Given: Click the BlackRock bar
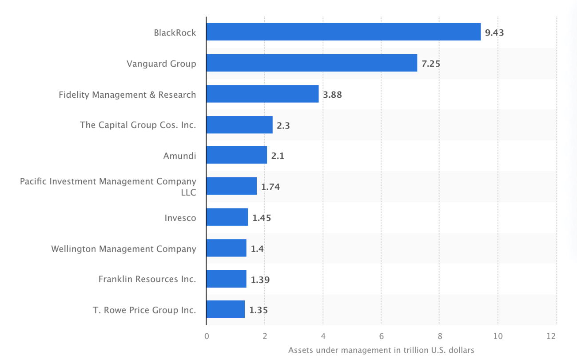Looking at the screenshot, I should pos(343,32).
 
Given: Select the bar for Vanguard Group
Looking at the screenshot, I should pos(312,63).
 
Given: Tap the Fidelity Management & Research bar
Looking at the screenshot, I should pos(263,94).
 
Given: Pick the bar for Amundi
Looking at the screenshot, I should pos(237,155).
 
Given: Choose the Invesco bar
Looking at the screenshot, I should pos(227,217).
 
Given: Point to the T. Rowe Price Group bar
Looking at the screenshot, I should pos(226,309).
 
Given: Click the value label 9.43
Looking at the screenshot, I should pos(494,32).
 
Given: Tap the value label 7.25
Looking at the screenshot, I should pos(431,64).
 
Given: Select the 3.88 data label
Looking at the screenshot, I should pos(332,94).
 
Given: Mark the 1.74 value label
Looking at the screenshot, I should pos(271,187).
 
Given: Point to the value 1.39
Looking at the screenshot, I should pos(260,280).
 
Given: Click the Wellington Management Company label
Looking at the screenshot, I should pos(123,248).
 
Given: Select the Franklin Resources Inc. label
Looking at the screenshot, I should pos(147,279).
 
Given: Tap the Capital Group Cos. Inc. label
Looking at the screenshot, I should pos(138,125).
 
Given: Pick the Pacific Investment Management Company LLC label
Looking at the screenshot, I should pos(108,187).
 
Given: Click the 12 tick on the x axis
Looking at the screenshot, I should pos(551,336).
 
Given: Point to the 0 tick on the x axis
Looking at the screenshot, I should pos(207,336).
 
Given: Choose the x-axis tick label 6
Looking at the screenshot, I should pos(381,336).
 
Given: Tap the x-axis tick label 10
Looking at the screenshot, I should pos(497,336).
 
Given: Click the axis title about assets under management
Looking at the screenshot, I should pos(381,350).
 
